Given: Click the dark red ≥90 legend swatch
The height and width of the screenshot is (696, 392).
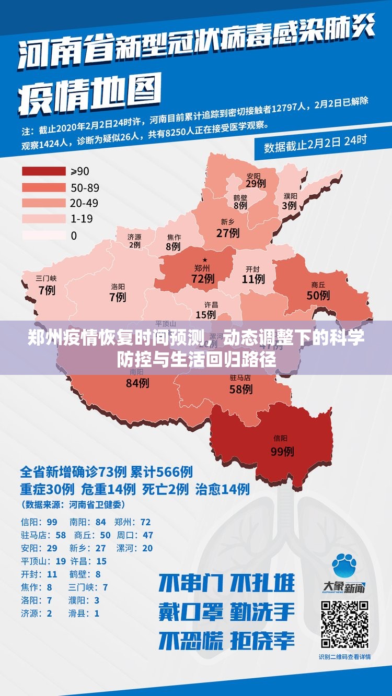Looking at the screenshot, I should pyautogui.click(x=43, y=171).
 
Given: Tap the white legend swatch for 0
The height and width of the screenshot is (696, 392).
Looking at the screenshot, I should pyautogui.click(x=43, y=235).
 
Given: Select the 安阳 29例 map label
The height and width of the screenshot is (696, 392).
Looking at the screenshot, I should pyautogui.click(x=255, y=180).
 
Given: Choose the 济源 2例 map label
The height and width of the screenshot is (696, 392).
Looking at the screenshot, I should pyautogui.click(x=134, y=241).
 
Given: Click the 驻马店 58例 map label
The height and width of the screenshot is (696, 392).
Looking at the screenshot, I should pyautogui.click(x=240, y=384).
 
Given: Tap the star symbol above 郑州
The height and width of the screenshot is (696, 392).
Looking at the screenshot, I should pyautogui.click(x=205, y=259).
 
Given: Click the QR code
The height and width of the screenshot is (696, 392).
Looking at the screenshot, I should pyautogui.click(x=344, y=624).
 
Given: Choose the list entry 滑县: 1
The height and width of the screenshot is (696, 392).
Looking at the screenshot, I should pyautogui.click(x=84, y=614).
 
